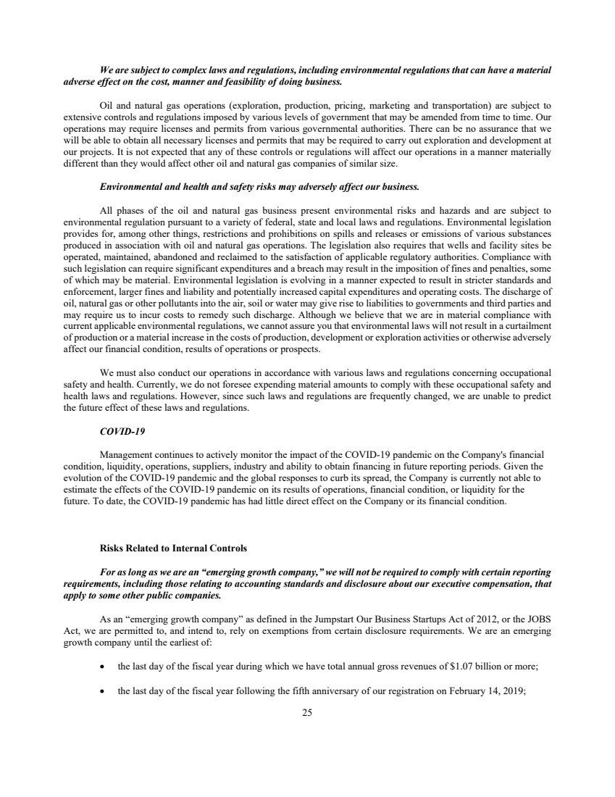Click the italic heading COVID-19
click(122, 431)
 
